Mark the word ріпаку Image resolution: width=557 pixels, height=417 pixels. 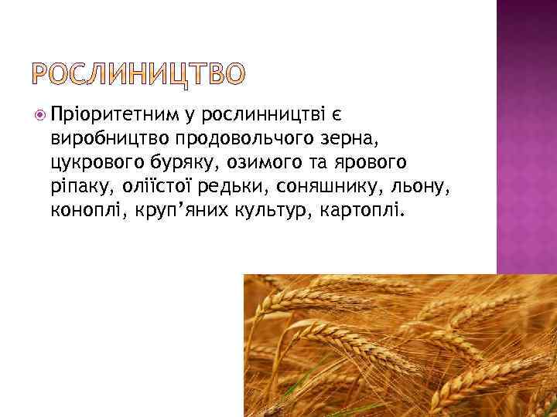click(x=76, y=186)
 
